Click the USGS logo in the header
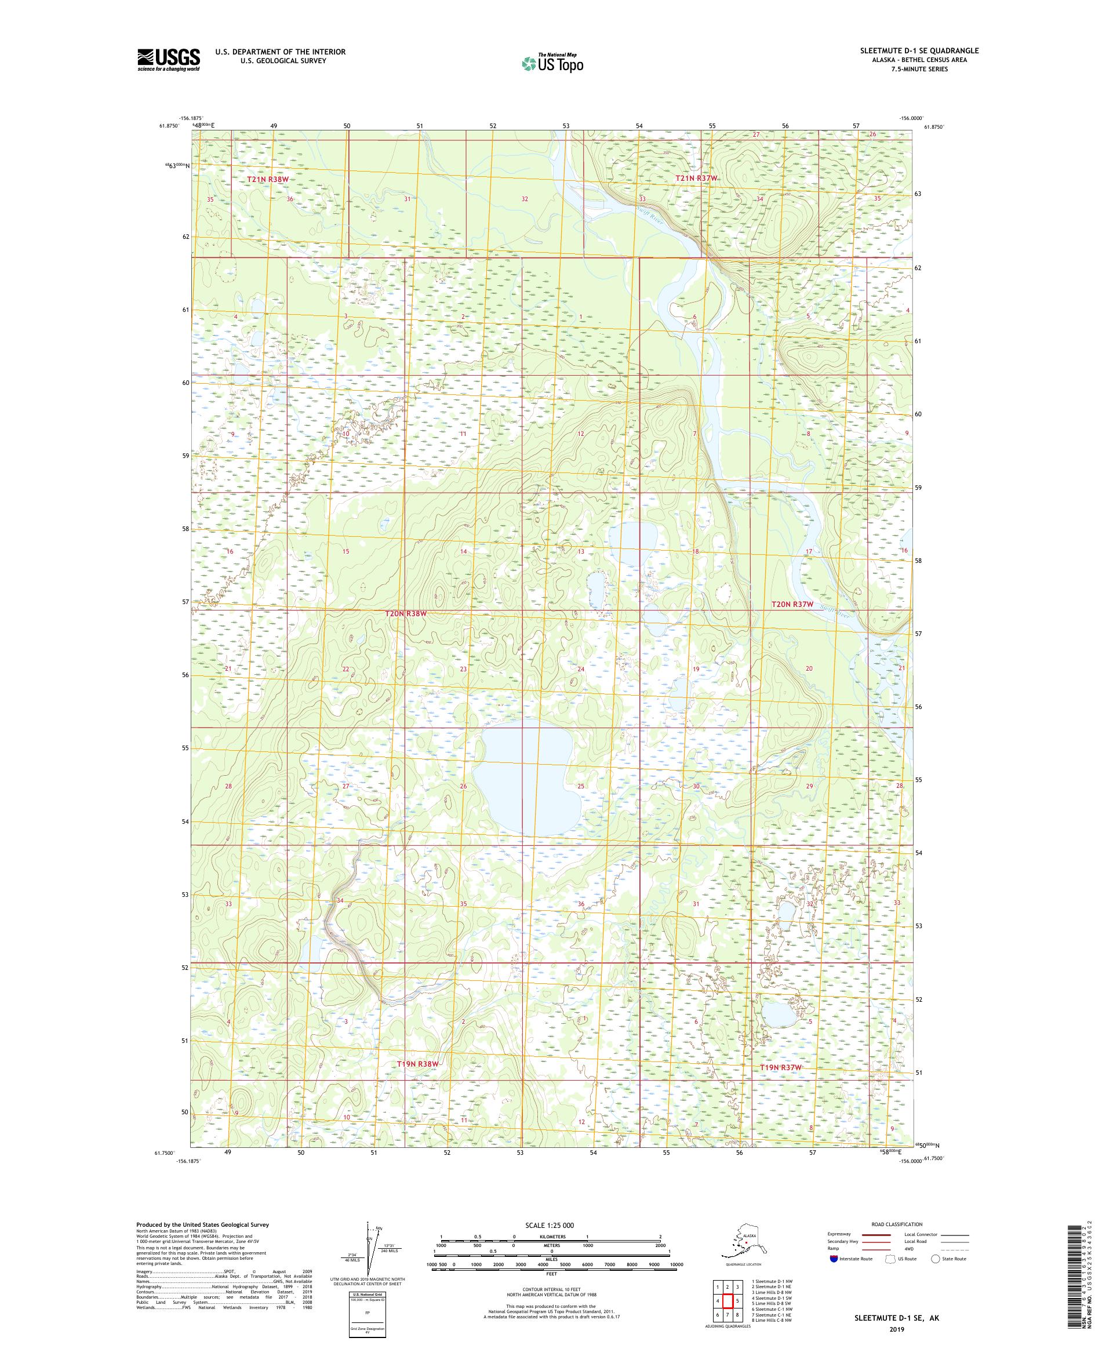pos(168,60)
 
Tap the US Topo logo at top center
pos(552,63)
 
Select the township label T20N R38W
pos(405,613)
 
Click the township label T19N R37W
pos(781,1068)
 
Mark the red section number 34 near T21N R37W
pos(759,199)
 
